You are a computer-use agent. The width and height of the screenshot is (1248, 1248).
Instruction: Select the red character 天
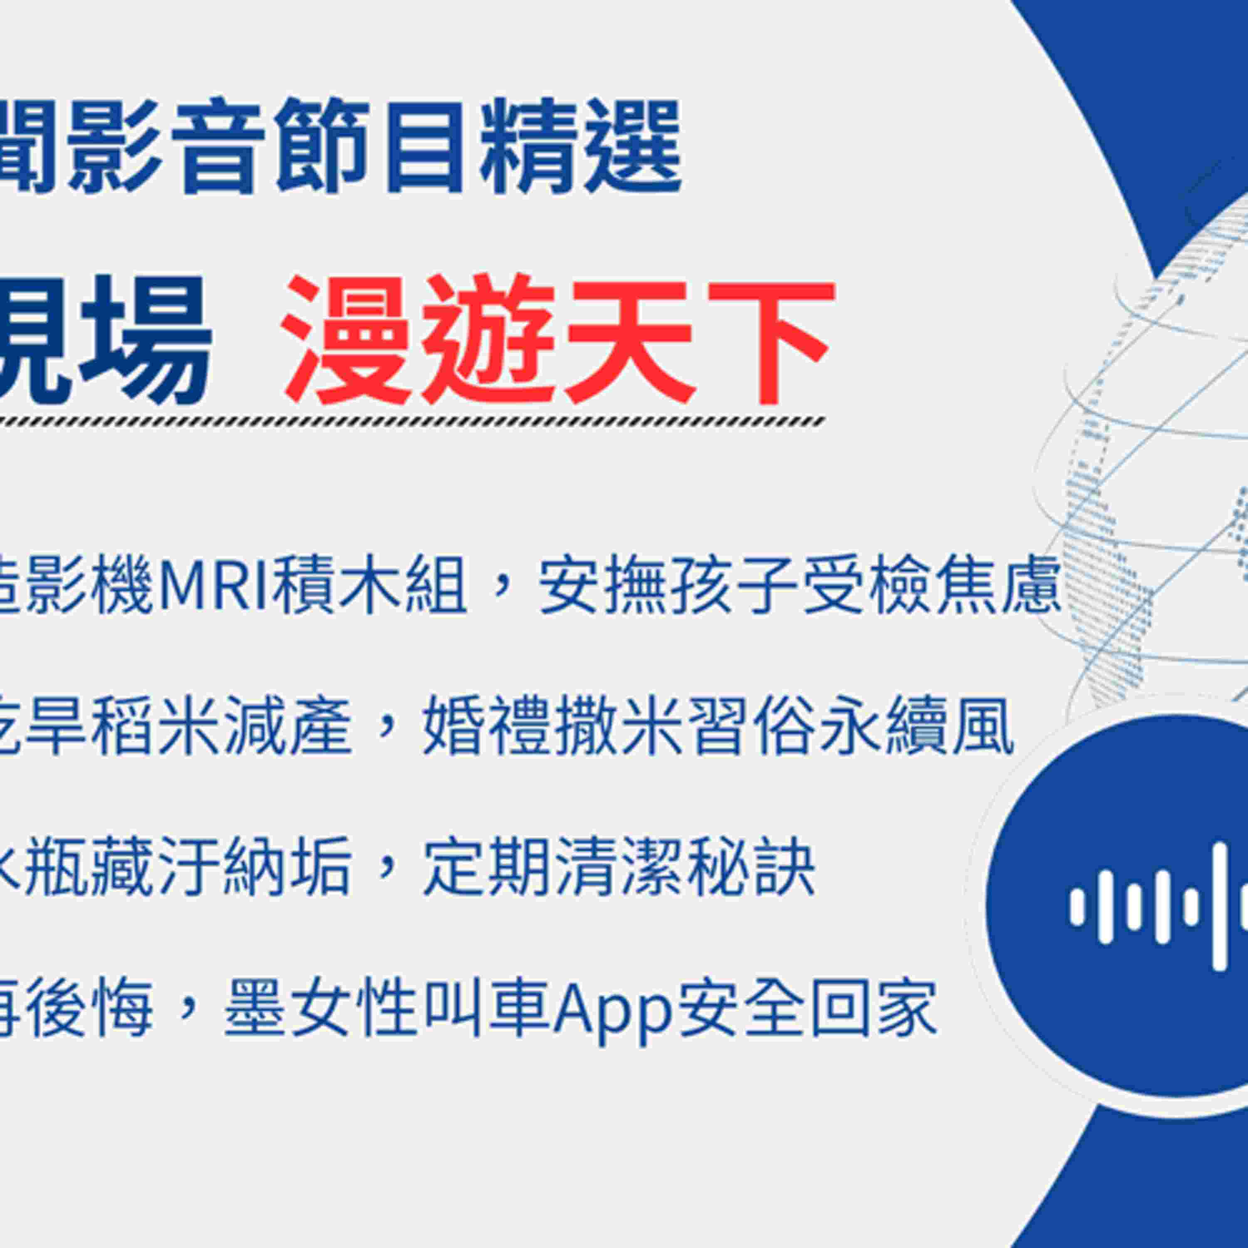coord(629,340)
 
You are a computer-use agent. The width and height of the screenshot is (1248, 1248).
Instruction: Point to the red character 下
coord(769,340)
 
